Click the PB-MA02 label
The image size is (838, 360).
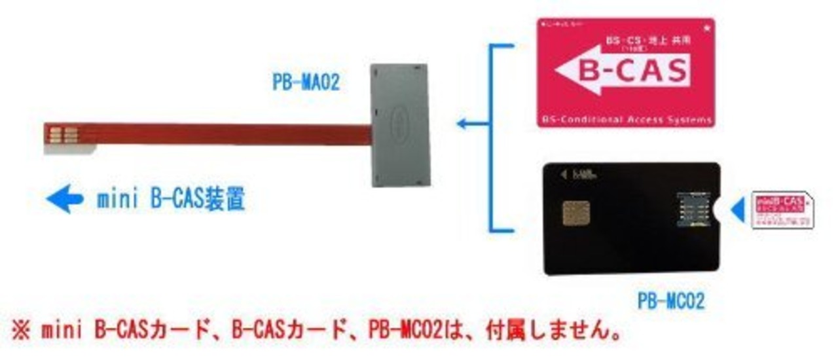tap(306, 84)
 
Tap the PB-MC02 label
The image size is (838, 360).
tap(671, 302)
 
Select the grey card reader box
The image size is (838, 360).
tap(400, 124)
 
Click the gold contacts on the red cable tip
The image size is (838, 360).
tap(63, 134)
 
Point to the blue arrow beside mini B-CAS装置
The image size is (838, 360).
tap(64, 199)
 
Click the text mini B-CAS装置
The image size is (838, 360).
tap(171, 199)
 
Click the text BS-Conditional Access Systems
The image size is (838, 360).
tap(627, 120)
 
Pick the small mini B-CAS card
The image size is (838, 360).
tap(783, 209)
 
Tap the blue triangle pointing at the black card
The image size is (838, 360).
tap(738, 209)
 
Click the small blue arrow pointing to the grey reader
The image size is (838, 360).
tap(466, 123)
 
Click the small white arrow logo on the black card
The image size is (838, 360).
tap(563, 174)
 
